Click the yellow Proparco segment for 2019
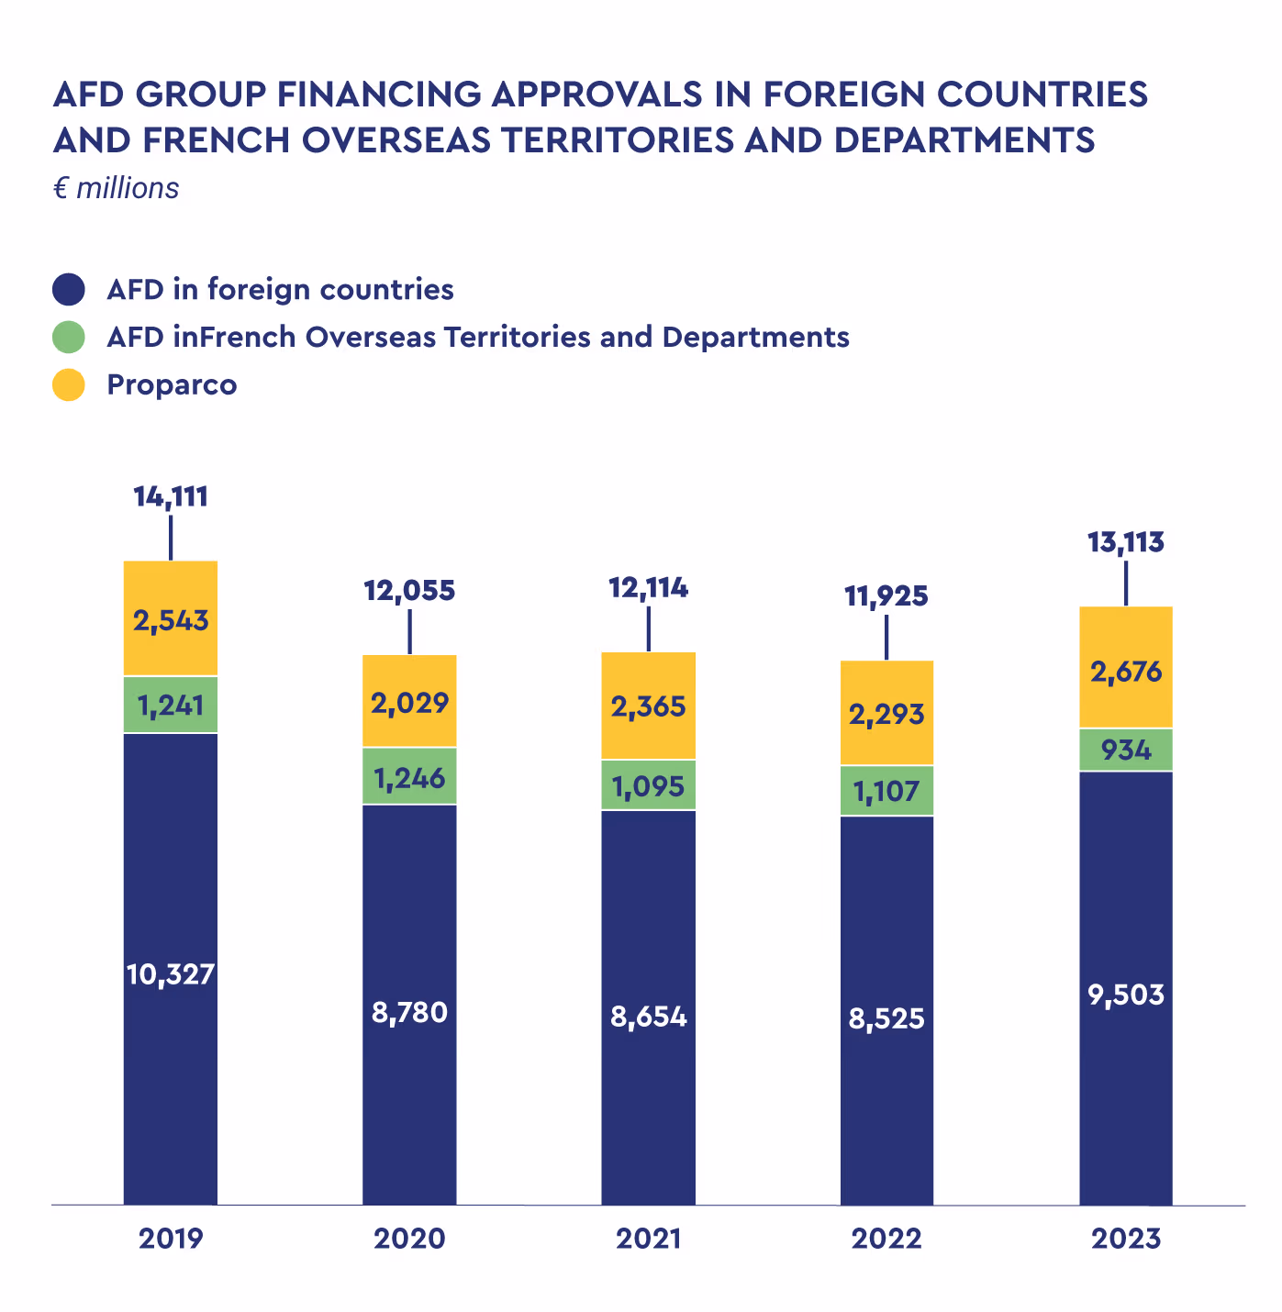[x=171, y=617]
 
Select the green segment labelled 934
[x=1126, y=750]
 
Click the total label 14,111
[x=171, y=497]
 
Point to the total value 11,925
[x=886, y=596]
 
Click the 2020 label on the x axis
[x=409, y=1239]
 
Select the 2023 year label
[x=1126, y=1239]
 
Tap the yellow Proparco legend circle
[x=69, y=384]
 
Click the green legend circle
[x=69, y=337]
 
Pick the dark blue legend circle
[x=69, y=290]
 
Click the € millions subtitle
[x=117, y=188]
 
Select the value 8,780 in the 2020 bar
[x=409, y=1013]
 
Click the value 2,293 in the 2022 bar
[x=886, y=713]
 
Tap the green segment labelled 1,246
[x=409, y=779]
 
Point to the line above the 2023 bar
[x=1126, y=583]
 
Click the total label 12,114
[x=648, y=588]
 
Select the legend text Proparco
[x=172, y=384]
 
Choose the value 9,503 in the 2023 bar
[x=1126, y=995]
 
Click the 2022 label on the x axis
[x=886, y=1239]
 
